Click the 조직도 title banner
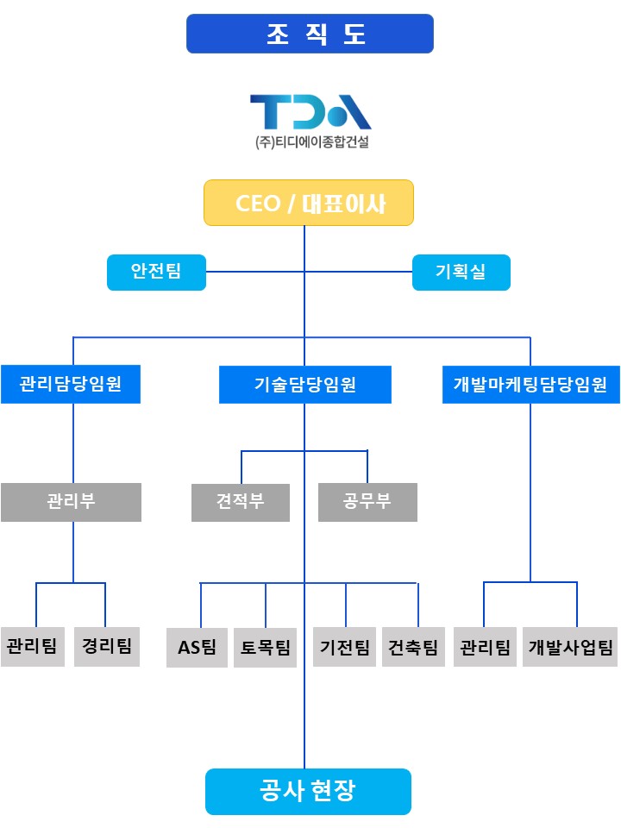[x=310, y=34]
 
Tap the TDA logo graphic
[x=310, y=111]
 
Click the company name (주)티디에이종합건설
[x=310, y=143]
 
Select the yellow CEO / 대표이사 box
[x=309, y=204]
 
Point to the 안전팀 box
[x=156, y=272]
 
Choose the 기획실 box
[x=461, y=272]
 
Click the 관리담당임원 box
[x=70, y=385]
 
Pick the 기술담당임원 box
[x=305, y=385]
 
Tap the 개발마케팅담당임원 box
[x=530, y=385]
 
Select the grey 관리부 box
[x=71, y=502]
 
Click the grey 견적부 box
[x=241, y=502]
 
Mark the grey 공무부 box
[x=367, y=502]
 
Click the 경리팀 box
[x=107, y=646]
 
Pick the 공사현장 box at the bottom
[x=308, y=791]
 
